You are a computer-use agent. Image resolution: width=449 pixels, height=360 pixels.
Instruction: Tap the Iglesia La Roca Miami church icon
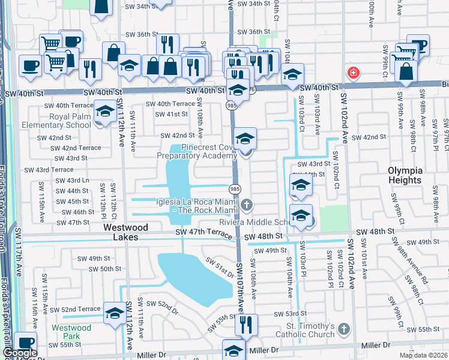[245, 206]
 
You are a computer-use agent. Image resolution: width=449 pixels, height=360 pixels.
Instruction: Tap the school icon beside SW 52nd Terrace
[115, 314]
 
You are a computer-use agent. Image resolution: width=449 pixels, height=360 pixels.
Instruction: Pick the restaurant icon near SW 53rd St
[246, 325]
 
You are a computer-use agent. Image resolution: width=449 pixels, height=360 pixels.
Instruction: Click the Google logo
[19, 353]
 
